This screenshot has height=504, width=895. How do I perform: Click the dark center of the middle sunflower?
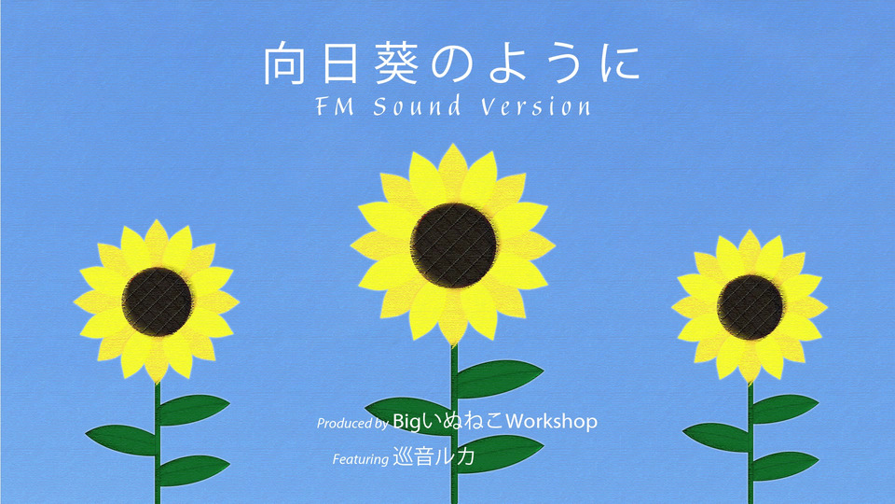(454, 245)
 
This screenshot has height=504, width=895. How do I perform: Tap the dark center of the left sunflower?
(157, 301)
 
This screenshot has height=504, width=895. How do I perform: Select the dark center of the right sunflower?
(750, 307)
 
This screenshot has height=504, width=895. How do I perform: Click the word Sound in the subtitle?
(418, 106)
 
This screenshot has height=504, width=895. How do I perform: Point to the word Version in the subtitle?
(535, 106)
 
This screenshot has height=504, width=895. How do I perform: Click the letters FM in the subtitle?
(335, 106)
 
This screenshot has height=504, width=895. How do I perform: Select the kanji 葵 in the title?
(395, 63)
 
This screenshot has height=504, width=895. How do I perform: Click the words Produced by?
(352, 424)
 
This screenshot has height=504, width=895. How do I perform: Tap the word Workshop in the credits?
(551, 422)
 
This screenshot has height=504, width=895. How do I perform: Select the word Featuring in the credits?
(360, 459)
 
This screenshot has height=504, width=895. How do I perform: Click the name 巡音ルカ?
(434, 456)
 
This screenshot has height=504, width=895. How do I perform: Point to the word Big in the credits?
(406, 422)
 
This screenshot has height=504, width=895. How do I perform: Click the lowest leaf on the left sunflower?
(194, 469)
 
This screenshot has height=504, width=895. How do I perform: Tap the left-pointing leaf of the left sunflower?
(121, 440)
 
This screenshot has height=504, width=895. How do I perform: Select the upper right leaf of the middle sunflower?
(500, 378)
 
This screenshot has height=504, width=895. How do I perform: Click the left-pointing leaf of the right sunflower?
(716, 437)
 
